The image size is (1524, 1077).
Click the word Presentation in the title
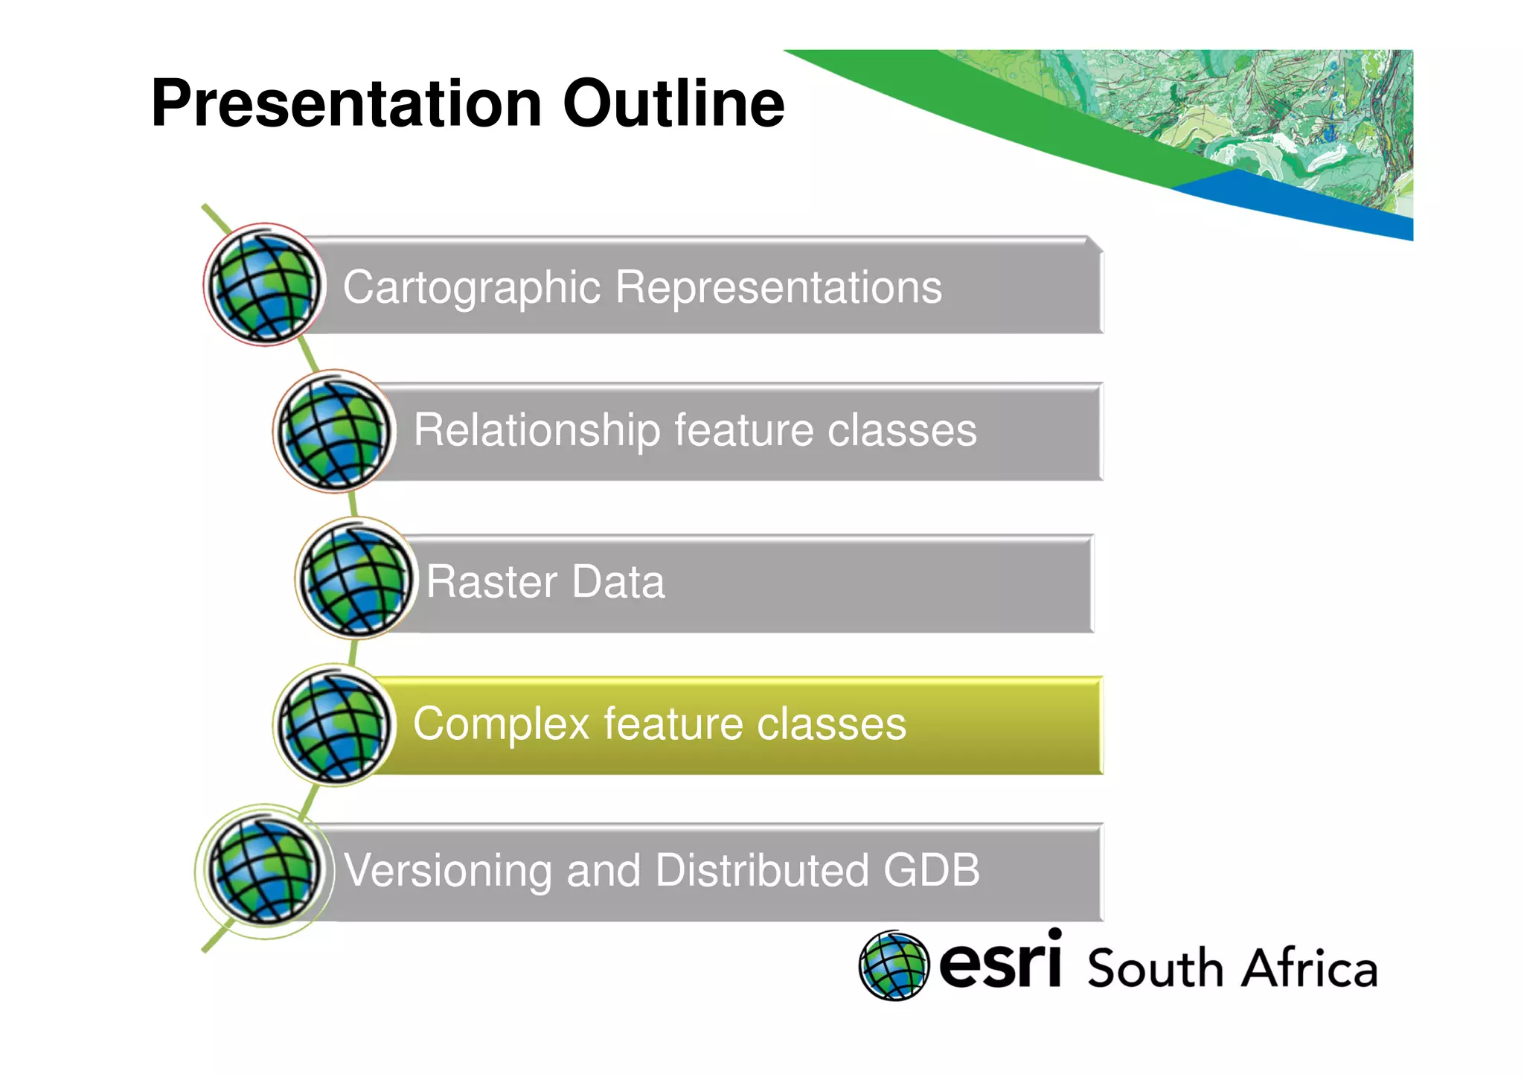tap(346, 104)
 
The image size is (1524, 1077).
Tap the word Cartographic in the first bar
tap(472, 287)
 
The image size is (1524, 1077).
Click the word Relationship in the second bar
tap(537, 430)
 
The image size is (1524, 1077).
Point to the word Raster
tap(492, 582)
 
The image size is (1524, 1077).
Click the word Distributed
tap(763, 870)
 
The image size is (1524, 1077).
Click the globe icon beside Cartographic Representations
tap(264, 285)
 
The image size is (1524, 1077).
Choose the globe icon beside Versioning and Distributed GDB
tap(264, 871)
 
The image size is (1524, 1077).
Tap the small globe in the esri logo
tap(894, 965)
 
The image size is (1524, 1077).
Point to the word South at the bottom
tap(1156, 968)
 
